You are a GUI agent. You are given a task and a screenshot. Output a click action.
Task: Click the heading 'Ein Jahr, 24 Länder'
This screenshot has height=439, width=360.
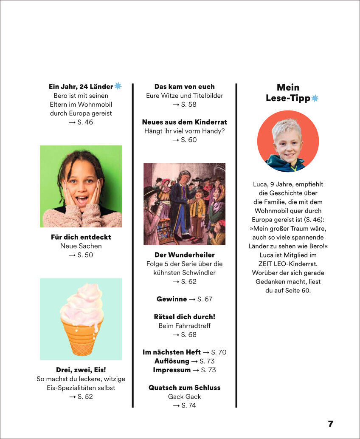81,87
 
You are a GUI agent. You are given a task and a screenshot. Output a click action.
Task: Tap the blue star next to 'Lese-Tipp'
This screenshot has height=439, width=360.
315,99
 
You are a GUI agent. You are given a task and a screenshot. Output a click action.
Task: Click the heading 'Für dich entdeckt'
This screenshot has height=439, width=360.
81,237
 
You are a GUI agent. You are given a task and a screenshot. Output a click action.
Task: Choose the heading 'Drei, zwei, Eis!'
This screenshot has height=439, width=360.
81,370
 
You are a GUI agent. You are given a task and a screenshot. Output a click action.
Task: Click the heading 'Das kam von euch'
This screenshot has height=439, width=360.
184,87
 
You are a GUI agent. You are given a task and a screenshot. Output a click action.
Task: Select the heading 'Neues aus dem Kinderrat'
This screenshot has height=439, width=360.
184,122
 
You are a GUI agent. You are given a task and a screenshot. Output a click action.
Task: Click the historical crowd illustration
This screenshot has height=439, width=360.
184,204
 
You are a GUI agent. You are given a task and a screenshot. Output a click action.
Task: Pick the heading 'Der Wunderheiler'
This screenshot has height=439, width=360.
184,255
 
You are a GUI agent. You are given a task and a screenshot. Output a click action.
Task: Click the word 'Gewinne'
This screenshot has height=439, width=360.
172,299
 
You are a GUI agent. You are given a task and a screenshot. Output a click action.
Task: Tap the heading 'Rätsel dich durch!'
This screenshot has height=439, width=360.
184,317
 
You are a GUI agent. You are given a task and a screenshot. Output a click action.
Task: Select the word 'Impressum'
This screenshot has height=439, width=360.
172,370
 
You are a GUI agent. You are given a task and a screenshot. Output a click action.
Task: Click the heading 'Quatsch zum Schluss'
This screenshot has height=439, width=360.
184,388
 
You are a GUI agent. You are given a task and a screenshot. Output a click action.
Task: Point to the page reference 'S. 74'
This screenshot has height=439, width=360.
188,406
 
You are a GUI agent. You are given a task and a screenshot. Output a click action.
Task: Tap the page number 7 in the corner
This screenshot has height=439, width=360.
331,424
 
